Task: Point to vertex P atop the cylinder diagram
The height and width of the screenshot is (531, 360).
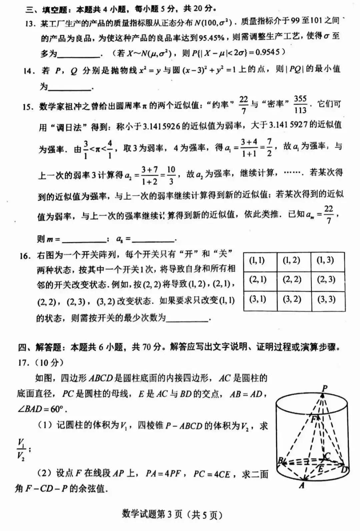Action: pos(324,388)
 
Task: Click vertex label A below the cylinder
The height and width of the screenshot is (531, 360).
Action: pos(302,485)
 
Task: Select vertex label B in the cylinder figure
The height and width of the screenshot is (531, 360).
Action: pos(280,461)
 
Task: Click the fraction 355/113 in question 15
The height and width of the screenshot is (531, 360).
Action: pos(300,104)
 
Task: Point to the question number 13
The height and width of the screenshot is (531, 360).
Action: pos(30,24)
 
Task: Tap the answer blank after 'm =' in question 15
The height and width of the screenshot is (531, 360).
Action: pos(84,239)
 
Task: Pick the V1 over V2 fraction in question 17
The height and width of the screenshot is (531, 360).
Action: pos(22,449)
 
